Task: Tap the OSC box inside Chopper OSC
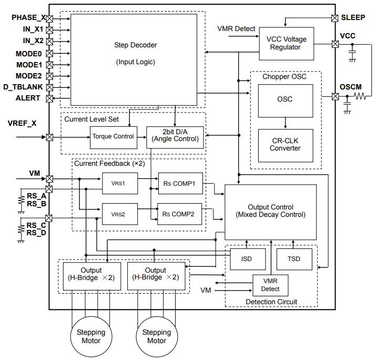(x=284, y=99)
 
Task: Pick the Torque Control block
(x=113, y=136)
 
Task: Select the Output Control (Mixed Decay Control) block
(x=270, y=211)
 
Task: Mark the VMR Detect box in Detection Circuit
(x=271, y=285)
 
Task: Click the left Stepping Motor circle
(x=91, y=336)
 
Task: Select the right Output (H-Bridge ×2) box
(x=157, y=274)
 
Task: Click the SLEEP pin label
(x=355, y=17)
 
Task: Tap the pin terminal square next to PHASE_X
(x=49, y=18)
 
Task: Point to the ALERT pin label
(x=27, y=98)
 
